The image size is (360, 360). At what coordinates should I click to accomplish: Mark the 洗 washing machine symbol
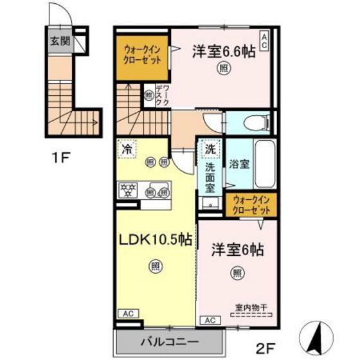pos(209,148)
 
